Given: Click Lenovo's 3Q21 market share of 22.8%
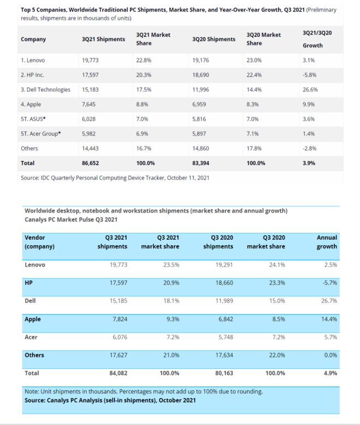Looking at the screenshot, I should (x=143, y=60).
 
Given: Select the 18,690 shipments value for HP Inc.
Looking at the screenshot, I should (x=202, y=75).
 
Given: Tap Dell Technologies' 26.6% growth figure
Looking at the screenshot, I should (x=309, y=89).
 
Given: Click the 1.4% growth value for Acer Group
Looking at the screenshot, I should (x=308, y=133).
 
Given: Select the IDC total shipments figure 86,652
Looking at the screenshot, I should (x=91, y=163).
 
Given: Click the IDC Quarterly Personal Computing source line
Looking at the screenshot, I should (x=115, y=177).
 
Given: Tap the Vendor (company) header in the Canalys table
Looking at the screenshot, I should (x=40, y=242).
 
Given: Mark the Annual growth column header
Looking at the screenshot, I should (x=327, y=242).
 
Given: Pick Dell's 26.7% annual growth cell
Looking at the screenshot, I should (x=329, y=300).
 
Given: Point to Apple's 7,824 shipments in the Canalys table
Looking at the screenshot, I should (x=118, y=319).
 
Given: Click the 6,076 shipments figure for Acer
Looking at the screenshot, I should (x=118, y=337).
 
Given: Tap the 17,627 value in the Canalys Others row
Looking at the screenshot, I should (x=116, y=355).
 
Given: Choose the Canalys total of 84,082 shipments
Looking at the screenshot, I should (x=117, y=373).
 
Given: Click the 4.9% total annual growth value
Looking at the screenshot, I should (x=330, y=373).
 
